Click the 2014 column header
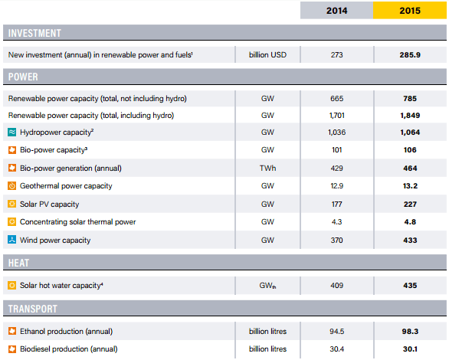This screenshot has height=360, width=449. click(337, 10)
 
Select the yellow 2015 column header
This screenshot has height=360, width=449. click(409, 10)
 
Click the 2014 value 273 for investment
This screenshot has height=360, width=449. click(337, 55)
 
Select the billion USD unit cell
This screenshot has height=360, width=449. click(267, 55)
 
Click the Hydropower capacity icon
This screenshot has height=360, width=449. click(12, 133)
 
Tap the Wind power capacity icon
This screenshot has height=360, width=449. click(12, 240)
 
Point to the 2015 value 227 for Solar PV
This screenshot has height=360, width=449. click(409, 205)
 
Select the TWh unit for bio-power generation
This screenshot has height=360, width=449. click(267, 169)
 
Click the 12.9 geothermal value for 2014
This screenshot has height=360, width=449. click(337, 186)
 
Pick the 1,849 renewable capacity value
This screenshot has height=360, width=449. click(409, 115)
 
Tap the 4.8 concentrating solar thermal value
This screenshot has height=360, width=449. click(409, 222)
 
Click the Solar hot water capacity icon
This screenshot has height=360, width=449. click(12, 286)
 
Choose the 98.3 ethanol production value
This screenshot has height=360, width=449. click(409, 331)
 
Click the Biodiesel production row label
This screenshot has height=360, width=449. click(68, 349)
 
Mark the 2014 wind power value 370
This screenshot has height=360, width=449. click(337, 240)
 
